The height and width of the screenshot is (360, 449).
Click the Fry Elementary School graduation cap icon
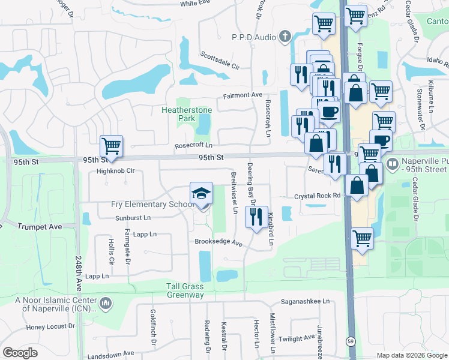click(x=201, y=193)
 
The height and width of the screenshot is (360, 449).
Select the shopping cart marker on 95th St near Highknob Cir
click(x=111, y=146)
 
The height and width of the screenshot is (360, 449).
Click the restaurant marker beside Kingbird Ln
click(x=257, y=217)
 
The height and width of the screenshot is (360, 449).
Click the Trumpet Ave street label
click(x=40, y=227)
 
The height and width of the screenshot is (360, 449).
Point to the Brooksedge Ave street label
click(x=217, y=243)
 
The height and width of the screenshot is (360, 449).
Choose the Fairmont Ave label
click(x=243, y=95)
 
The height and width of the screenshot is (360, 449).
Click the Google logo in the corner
click(x=20, y=353)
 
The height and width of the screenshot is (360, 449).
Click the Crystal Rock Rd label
click(x=317, y=196)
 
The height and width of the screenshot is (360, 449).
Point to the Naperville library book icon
click(x=393, y=163)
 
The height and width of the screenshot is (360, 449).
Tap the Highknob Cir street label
click(x=115, y=171)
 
